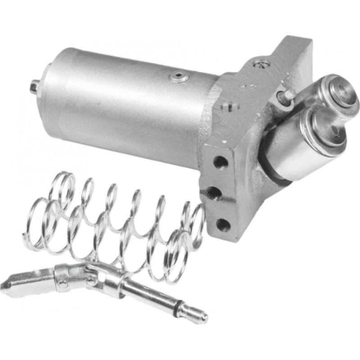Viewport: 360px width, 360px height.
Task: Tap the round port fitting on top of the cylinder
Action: coord(179,77)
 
